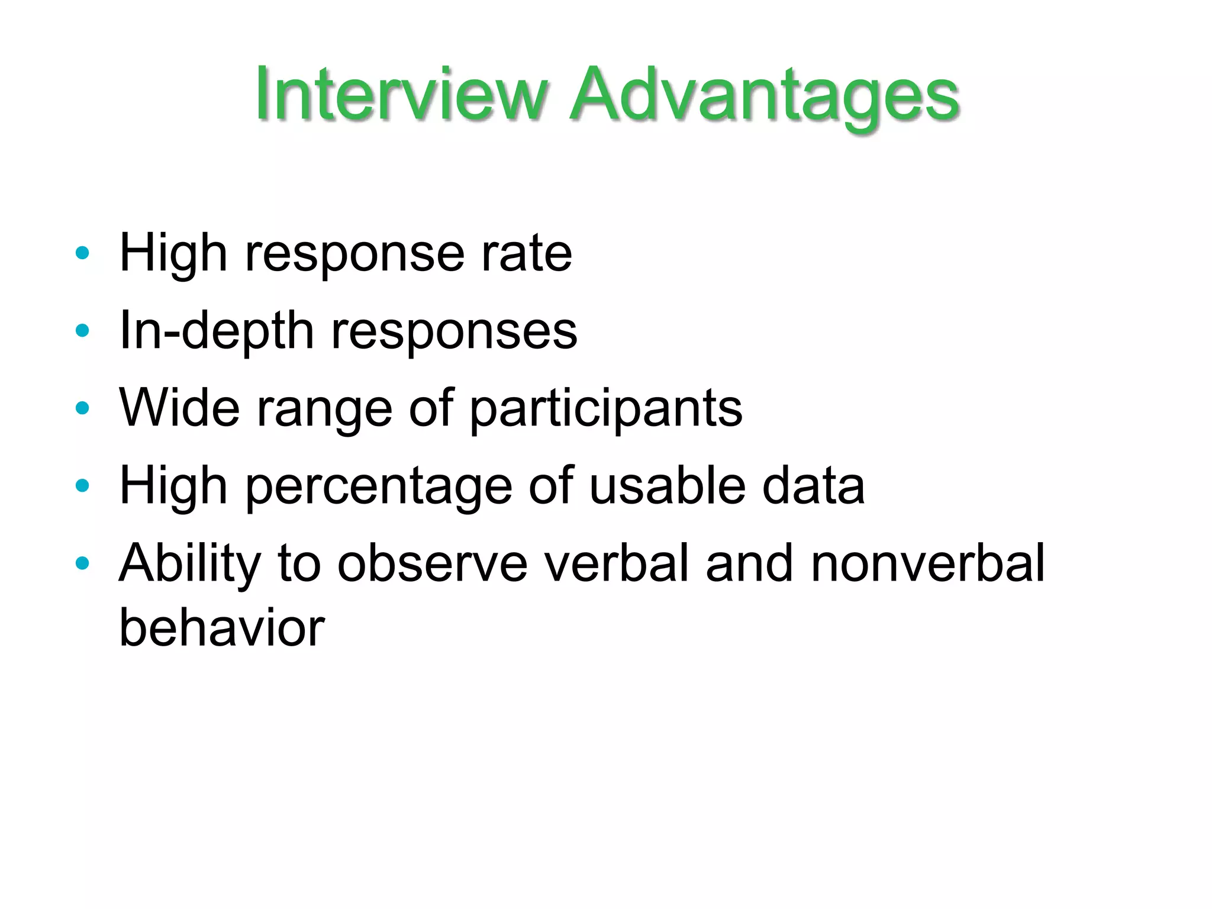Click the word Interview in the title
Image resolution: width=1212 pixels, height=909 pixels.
(x=400, y=95)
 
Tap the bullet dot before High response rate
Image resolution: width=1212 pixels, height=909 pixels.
(x=82, y=253)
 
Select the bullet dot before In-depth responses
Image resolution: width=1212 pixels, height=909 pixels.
(x=82, y=331)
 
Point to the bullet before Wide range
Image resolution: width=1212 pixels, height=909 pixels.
(x=82, y=408)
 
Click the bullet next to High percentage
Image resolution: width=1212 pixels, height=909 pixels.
(x=82, y=486)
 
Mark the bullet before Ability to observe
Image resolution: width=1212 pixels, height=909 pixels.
(x=82, y=563)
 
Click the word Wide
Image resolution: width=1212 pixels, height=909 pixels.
(x=179, y=407)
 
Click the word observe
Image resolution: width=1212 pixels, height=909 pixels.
(x=432, y=563)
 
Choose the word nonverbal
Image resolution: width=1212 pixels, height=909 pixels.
(x=927, y=563)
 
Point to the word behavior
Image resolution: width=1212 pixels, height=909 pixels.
(x=222, y=628)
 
